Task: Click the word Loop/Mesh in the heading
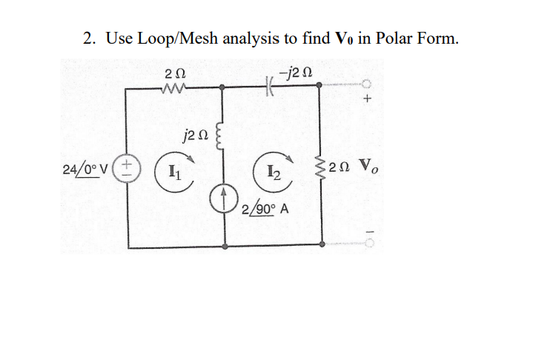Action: point(171,39)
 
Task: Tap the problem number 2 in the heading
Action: point(87,38)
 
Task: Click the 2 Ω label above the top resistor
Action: point(175,73)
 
